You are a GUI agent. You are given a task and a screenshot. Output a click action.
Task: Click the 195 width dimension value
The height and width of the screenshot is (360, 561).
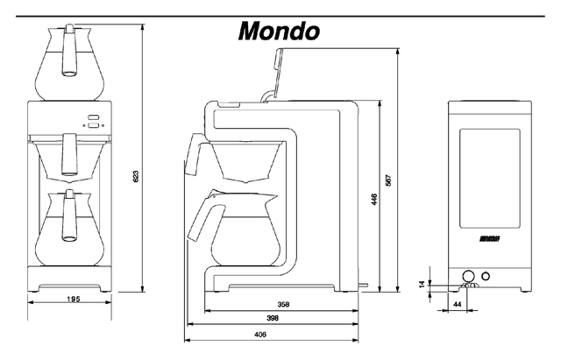tap(73, 300)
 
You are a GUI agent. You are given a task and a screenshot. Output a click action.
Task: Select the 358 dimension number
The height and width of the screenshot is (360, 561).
tap(282, 305)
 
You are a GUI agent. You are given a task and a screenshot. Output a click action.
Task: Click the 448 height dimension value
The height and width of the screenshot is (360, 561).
tap(374, 199)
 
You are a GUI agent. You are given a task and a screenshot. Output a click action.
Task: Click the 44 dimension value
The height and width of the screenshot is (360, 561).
tap(457, 303)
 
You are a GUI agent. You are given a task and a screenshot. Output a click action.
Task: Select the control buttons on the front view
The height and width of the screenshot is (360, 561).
tap(92, 124)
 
